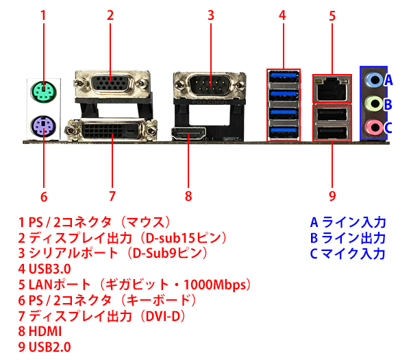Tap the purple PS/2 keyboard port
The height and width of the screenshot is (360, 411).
42,125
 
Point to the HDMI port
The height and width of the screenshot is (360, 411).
189,134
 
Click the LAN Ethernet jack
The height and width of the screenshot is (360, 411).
332,87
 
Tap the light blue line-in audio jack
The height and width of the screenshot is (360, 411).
373,79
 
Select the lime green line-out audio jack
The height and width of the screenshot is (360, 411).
373,104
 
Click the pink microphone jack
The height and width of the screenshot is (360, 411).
373,127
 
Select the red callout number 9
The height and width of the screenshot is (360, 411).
332,197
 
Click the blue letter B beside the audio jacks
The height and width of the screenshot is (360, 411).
388,104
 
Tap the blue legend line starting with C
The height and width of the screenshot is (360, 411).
348,253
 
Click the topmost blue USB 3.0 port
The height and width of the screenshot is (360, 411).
283,76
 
